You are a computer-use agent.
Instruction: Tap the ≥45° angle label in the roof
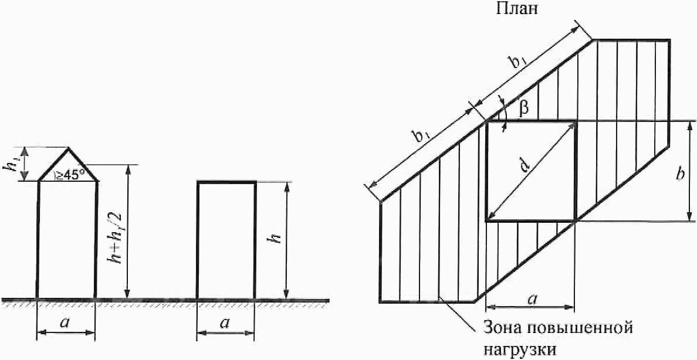click(x=70, y=174)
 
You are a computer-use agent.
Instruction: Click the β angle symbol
click(x=525, y=107)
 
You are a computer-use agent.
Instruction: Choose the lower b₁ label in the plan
click(x=424, y=137)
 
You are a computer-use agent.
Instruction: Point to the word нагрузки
click(x=519, y=350)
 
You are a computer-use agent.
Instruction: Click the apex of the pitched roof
click(x=69, y=148)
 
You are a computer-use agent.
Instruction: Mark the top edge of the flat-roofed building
click(x=226, y=182)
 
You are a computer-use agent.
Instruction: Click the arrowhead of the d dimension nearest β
click(x=573, y=125)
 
